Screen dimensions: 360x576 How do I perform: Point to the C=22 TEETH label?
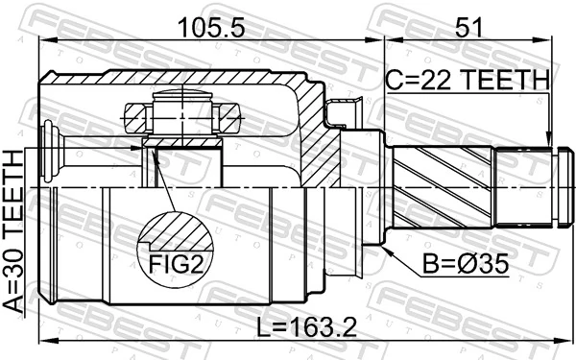tap(468, 78)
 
